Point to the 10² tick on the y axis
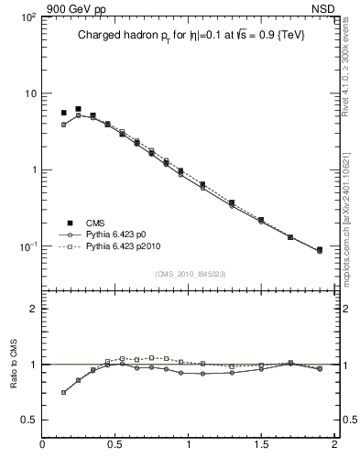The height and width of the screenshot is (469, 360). coord(27,16)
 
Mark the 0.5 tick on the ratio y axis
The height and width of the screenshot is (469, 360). coord(28,420)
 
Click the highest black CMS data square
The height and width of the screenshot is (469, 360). coord(79,109)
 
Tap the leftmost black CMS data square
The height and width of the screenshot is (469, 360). coord(64,113)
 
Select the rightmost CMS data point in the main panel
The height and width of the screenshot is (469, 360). coord(319,249)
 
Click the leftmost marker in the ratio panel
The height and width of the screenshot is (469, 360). coord(64,392)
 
